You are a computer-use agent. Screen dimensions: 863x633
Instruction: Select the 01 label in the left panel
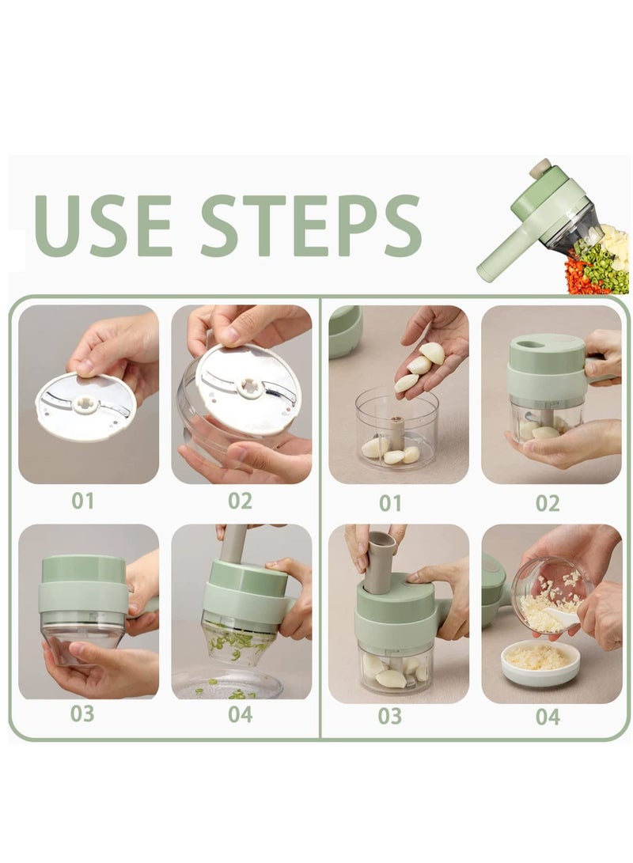click(82, 501)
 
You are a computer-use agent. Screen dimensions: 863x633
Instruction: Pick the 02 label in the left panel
click(240, 501)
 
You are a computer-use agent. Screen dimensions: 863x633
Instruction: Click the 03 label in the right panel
click(390, 716)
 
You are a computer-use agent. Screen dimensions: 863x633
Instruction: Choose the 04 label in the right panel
click(547, 717)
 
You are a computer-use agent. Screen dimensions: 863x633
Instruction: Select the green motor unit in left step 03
click(84, 585)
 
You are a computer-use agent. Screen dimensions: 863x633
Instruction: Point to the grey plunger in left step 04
click(233, 546)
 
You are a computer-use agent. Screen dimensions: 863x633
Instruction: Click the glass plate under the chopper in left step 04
click(228, 684)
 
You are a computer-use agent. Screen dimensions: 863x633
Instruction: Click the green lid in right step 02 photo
click(546, 353)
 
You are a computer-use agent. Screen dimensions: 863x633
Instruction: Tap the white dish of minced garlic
click(540, 661)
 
